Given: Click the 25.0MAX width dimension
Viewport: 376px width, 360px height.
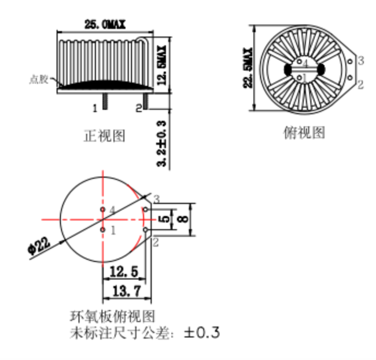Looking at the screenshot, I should click(105, 24).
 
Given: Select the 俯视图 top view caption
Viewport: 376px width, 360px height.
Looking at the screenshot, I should click(304, 133).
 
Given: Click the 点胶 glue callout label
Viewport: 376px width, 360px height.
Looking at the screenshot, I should click(39, 80).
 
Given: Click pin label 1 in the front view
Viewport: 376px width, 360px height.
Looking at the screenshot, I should click(94, 107).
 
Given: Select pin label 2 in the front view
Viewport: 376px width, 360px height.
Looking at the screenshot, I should click(138, 107).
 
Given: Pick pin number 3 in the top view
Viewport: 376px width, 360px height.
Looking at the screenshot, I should click(360, 61).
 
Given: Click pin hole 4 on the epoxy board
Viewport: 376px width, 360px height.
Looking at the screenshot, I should click(102, 209).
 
